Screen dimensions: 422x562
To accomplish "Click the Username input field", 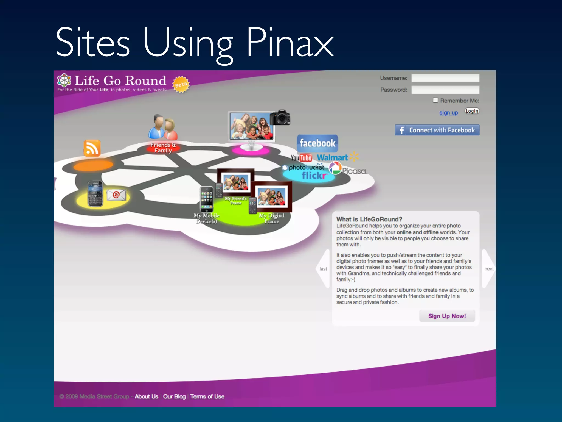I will (x=445, y=78).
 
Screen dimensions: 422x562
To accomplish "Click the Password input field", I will (x=445, y=90).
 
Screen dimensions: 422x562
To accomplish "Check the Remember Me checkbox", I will (x=435, y=100).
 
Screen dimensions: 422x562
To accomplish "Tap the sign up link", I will (x=448, y=113).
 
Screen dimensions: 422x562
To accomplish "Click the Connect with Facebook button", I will (x=437, y=130).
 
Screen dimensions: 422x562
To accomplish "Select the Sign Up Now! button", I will (x=447, y=316).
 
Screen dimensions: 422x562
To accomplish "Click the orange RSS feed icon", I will (x=92, y=148).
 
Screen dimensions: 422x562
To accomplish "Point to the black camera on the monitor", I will (x=280, y=118).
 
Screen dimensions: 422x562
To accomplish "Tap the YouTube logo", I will (x=301, y=158).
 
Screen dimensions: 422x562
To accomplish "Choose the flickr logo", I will (x=314, y=176).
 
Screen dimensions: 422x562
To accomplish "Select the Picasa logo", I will (x=348, y=169).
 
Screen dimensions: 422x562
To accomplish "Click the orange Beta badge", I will (x=181, y=85).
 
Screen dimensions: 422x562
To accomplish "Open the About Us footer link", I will (x=146, y=396).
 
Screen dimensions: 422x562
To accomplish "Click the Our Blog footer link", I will (x=174, y=396).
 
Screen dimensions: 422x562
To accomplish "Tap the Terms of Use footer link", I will (x=207, y=396).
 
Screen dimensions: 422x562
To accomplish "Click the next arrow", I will (x=488, y=269).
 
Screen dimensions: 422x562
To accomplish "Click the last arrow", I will (x=324, y=269).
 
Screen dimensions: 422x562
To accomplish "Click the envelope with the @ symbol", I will (x=116, y=195).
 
